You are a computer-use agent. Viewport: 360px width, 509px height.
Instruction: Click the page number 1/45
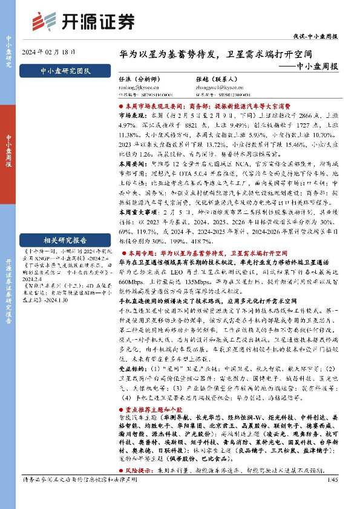330,497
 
